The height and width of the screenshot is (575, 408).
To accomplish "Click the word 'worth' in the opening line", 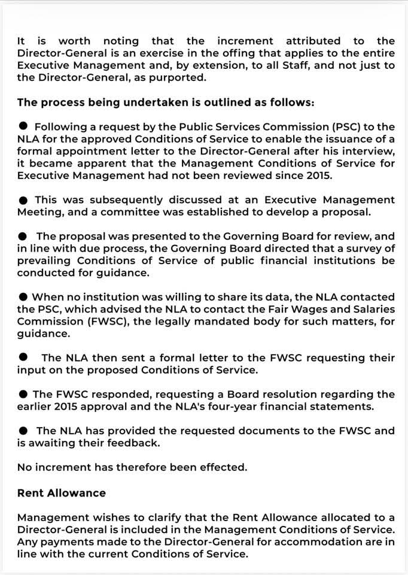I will point(74,41).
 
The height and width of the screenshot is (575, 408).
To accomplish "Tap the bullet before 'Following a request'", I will point(23,126).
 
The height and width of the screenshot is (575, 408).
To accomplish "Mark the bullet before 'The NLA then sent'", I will point(23,358).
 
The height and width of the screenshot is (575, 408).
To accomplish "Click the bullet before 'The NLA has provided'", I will point(23,431).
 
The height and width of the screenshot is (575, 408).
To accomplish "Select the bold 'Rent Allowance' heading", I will point(62,493).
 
